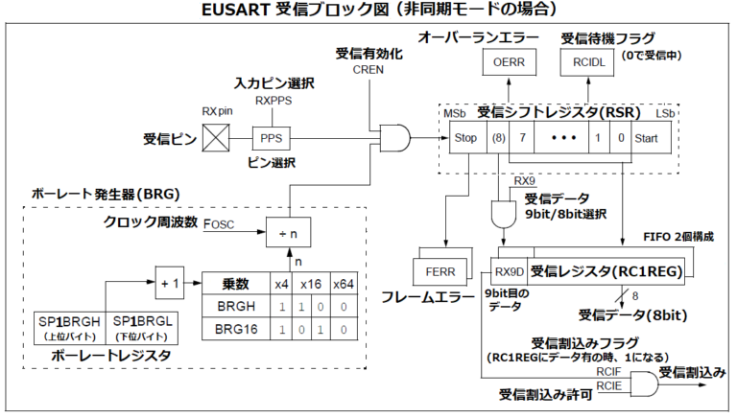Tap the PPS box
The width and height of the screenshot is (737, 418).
tap(270, 138)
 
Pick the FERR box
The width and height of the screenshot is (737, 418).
tap(440, 271)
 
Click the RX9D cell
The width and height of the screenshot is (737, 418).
tap(509, 271)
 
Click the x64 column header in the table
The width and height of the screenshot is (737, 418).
tap(342, 284)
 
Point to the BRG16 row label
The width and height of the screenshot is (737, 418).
tap(236, 328)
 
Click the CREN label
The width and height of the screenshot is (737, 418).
tap(368, 71)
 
